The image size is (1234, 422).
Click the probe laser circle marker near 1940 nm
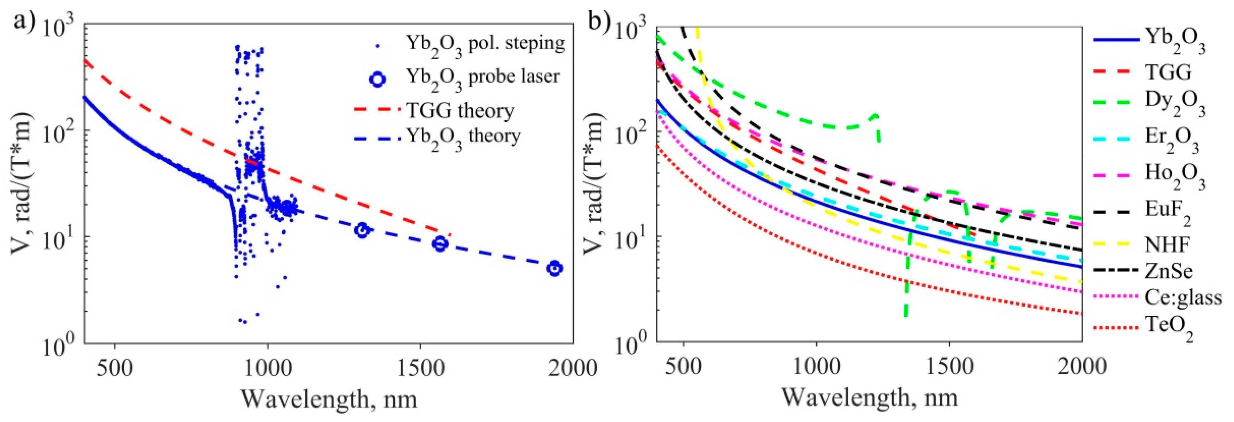[555, 269]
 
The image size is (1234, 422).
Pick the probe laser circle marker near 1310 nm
[363, 230]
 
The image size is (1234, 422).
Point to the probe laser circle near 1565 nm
[440, 244]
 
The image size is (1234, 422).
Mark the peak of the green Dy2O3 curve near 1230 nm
[876, 115]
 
